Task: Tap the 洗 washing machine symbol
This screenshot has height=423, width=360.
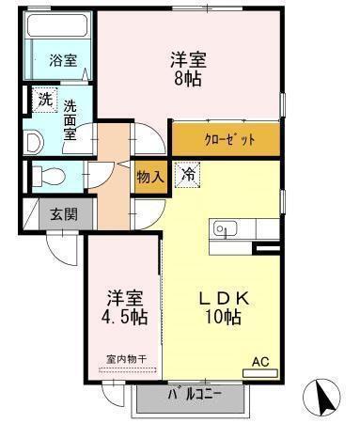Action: pos(44,98)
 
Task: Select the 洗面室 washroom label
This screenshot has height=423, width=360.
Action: pos(70,119)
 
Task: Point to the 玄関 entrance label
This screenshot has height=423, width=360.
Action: pos(64,214)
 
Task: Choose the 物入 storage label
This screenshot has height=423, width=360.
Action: pos(149,175)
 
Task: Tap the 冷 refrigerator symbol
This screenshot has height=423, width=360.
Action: pos(189,174)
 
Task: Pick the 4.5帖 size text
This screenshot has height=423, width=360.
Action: pos(124,318)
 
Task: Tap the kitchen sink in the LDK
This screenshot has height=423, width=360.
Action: pos(224,228)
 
